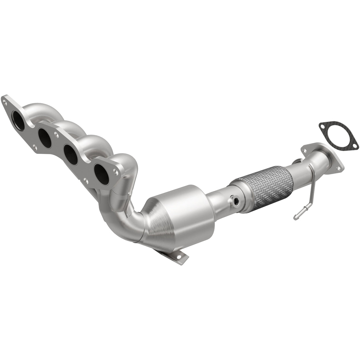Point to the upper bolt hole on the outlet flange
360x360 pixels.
pos(304,149)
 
